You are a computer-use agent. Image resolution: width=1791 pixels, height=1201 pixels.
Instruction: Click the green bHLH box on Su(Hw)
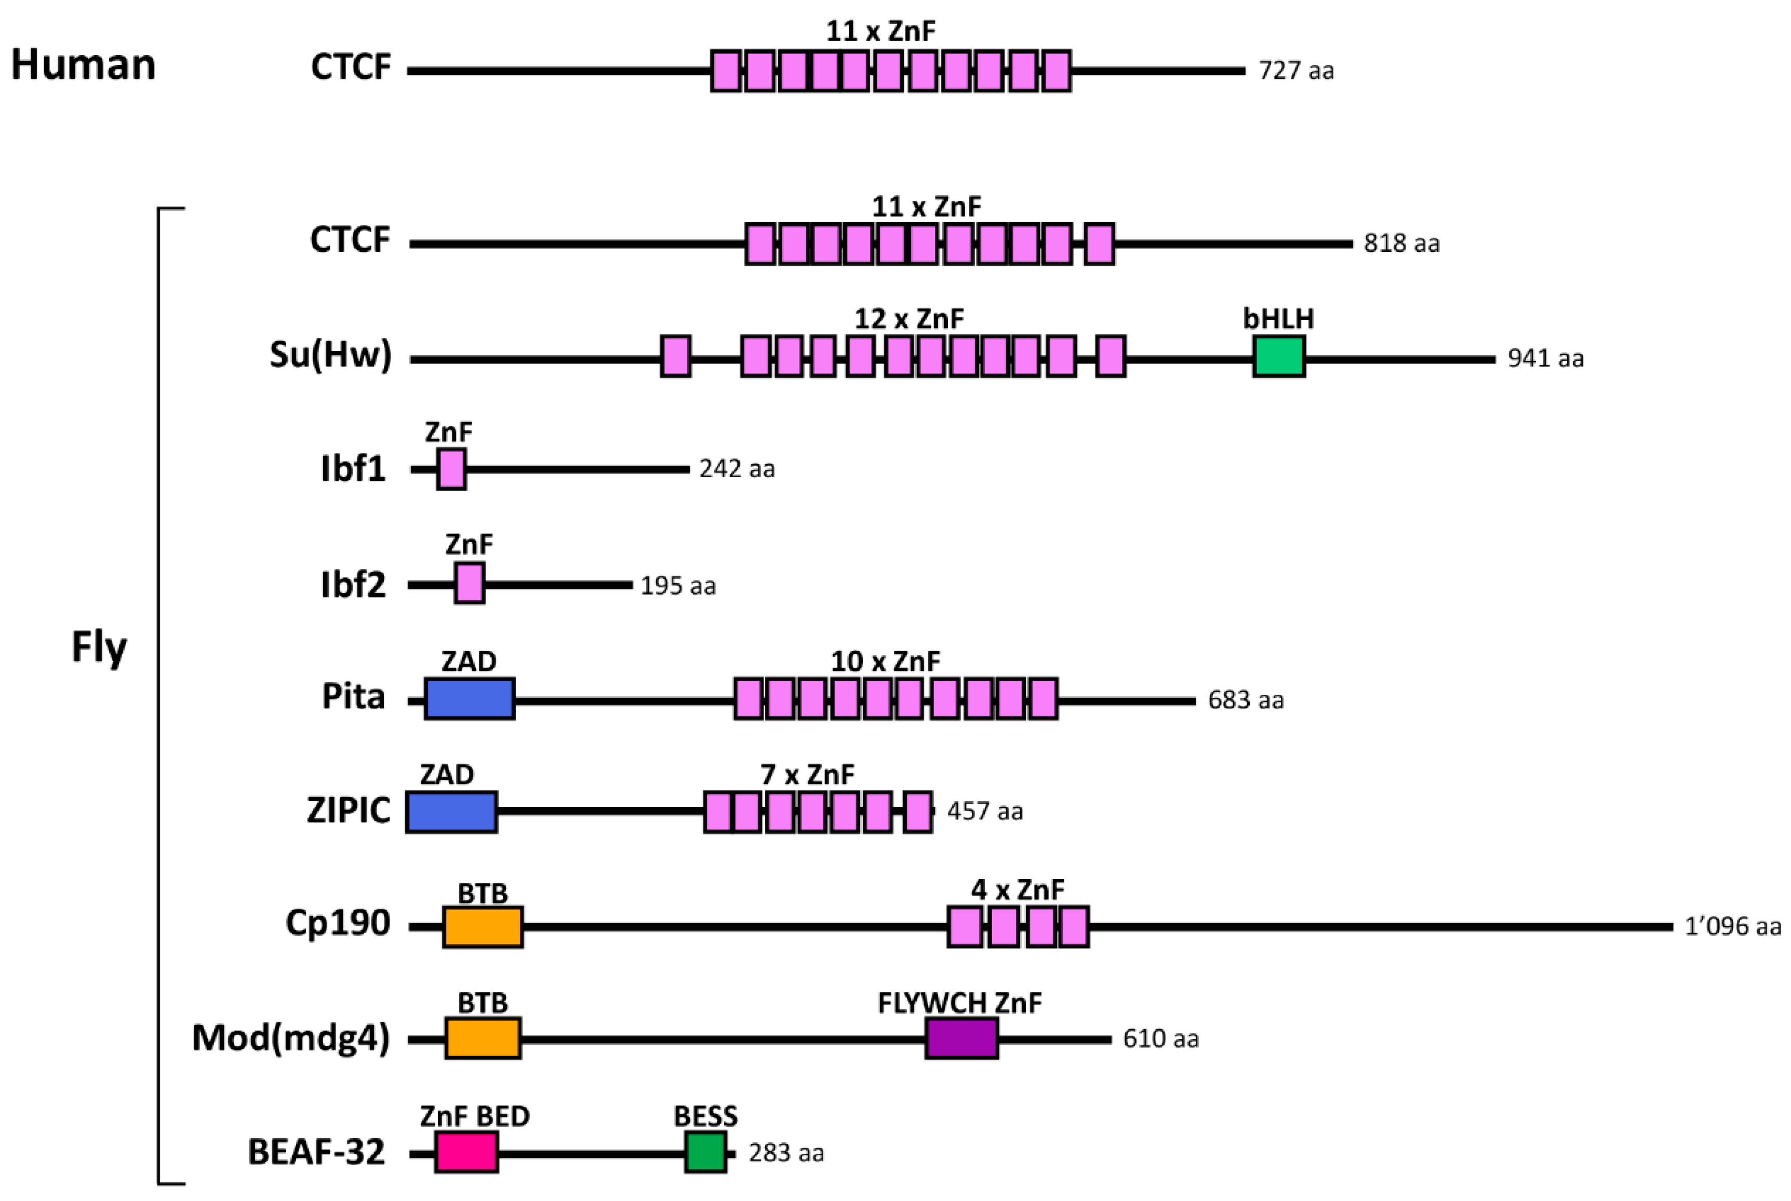pyautogui.click(x=1278, y=357)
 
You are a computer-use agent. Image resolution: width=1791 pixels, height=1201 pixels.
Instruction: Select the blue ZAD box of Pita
pyautogui.click(x=469, y=698)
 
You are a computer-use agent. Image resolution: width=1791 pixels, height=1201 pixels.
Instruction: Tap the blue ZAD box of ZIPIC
pyautogui.click(x=451, y=812)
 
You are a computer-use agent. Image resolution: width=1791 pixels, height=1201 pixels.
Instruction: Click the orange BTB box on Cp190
pyautogui.click(x=483, y=927)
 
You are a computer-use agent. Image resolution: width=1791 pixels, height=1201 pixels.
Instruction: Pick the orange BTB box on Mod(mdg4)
pyautogui.click(x=483, y=1038)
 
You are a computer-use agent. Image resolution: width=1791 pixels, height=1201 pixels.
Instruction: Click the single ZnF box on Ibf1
pyautogui.click(x=451, y=469)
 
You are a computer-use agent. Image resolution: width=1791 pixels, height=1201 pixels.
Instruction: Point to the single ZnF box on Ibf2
pyautogui.click(x=469, y=583)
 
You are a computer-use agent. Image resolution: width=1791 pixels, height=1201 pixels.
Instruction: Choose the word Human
pyautogui.click(x=83, y=64)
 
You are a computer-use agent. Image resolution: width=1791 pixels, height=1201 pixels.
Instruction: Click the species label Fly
pyautogui.click(x=99, y=647)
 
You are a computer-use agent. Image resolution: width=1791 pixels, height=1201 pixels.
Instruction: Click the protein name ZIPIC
pyautogui.click(x=349, y=811)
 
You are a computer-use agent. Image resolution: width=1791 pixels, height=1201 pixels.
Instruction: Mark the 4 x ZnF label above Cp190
pyautogui.click(x=1017, y=889)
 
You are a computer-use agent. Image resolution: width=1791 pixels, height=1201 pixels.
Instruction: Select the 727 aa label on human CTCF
pyautogui.click(x=1295, y=71)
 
